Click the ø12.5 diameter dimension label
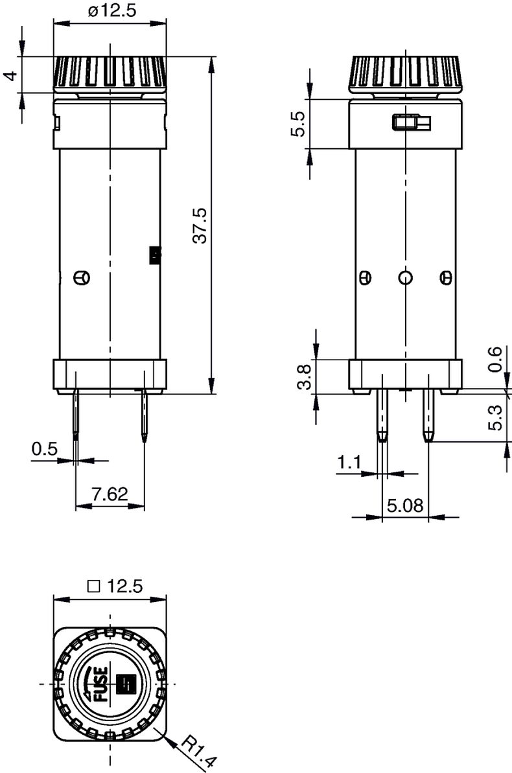[x=111, y=11]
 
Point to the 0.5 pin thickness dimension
[x=45, y=449]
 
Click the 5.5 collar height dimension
[x=297, y=124]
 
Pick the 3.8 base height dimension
[x=304, y=376]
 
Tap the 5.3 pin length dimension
[x=495, y=418]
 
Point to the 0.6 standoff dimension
[x=495, y=359]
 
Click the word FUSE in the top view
[x=102, y=684]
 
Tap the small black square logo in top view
[x=124, y=683]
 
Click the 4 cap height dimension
[x=10, y=75]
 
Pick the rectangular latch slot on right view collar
[x=411, y=122]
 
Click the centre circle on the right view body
[x=405, y=278]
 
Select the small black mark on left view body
[x=155, y=255]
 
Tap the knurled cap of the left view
[x=110, y=73]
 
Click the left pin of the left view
[x=76, y=415]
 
